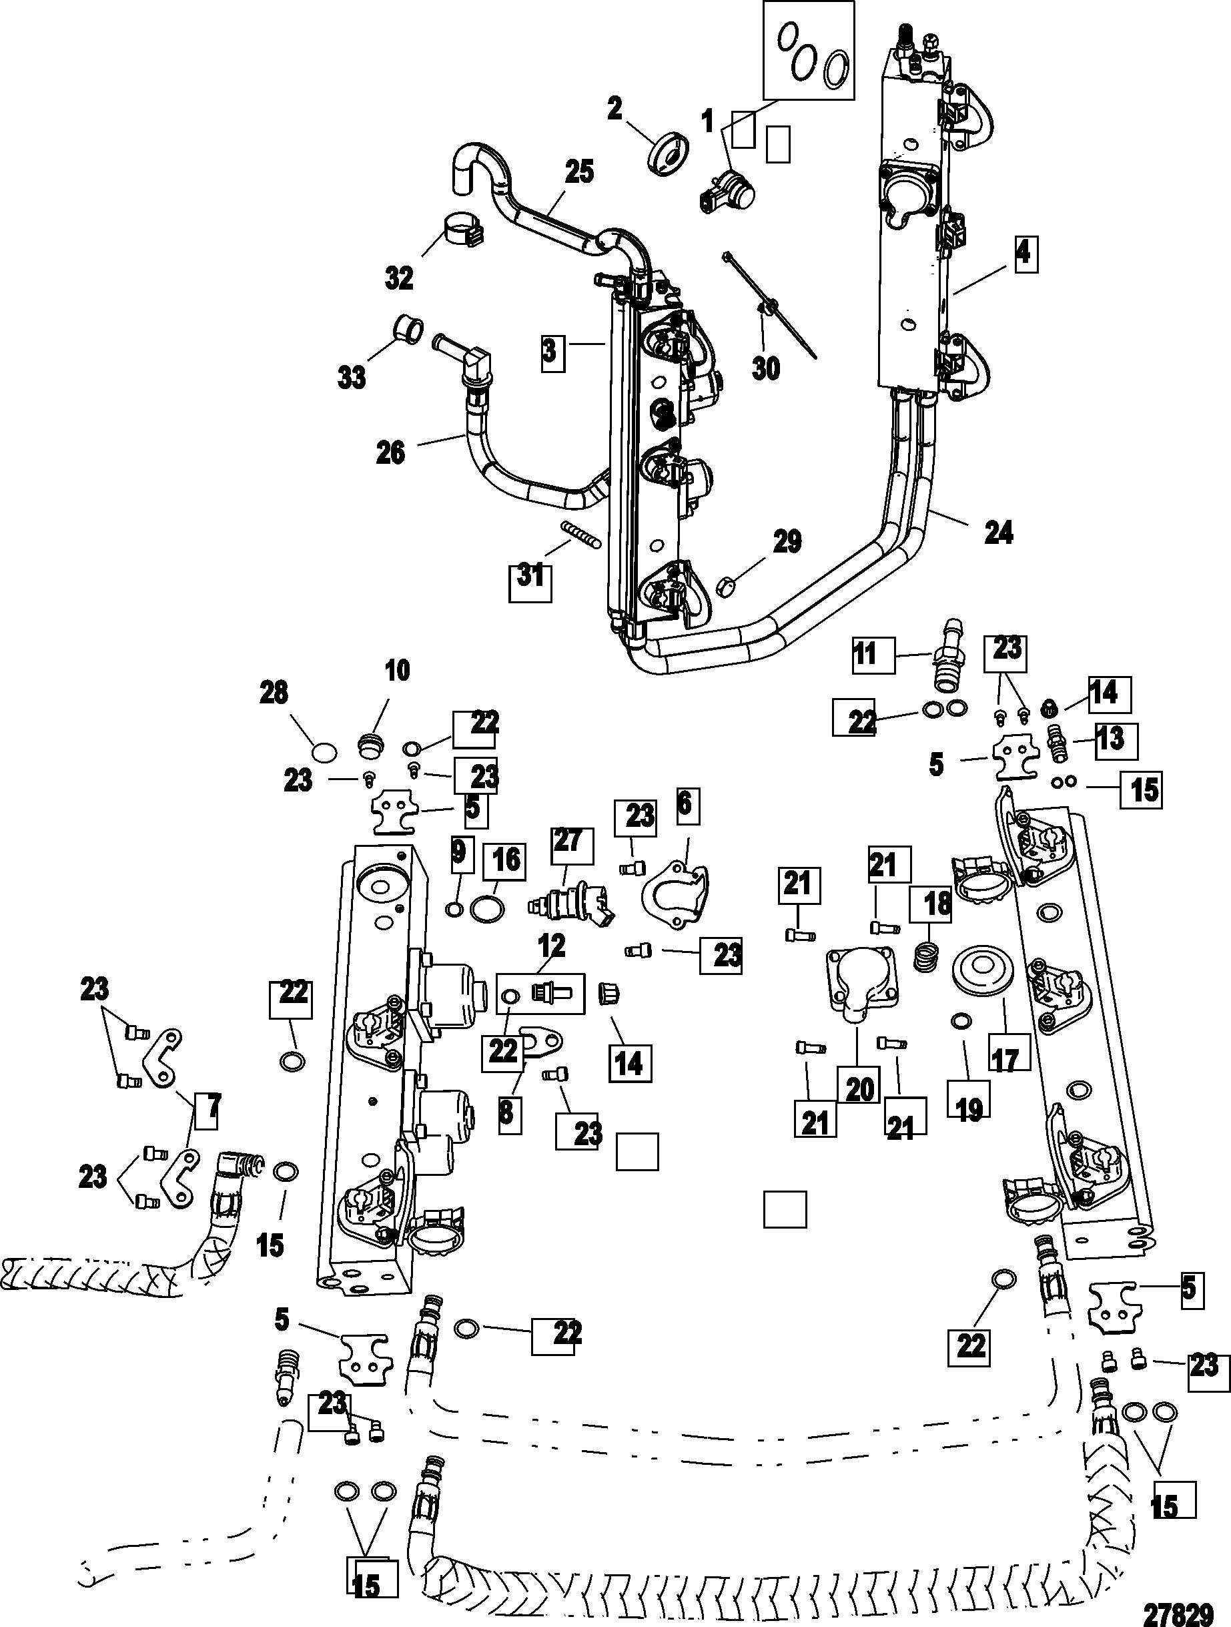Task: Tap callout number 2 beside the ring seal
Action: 614,109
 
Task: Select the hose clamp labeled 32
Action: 462,230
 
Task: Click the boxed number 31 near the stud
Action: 531,575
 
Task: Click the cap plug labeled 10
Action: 372,747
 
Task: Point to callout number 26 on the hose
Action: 390,452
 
